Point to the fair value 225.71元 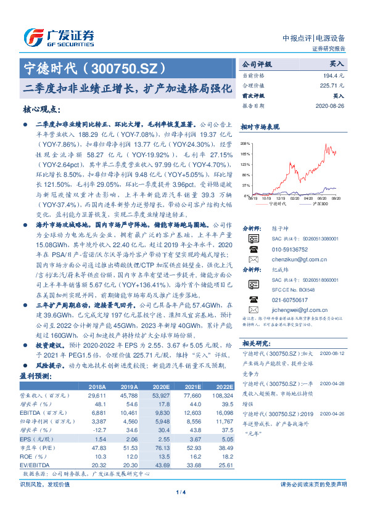(330, 85)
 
